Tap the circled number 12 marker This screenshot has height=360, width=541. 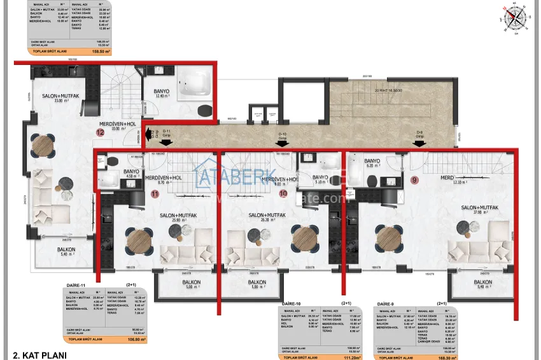click(100, 133)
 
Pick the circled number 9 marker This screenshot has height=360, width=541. click(415, 180)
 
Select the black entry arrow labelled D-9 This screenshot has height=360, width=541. click(419, 144)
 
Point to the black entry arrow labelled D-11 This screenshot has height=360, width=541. click(148, 134)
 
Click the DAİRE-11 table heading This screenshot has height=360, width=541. click(75, 286)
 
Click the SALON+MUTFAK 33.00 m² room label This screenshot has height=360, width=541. click(60, 97)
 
